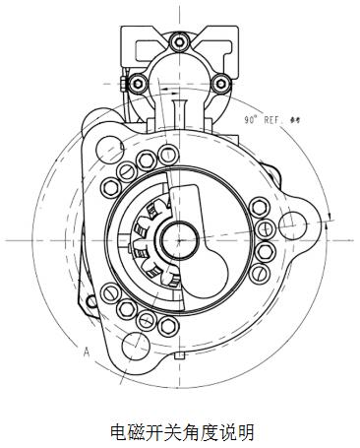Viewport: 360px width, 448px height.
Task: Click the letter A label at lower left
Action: pyautogui.click(x=87, y=351)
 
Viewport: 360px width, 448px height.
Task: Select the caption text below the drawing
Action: pyautogui.click(x=181, y=431)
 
